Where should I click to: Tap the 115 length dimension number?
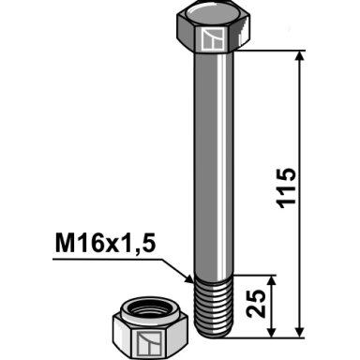coord(286,188)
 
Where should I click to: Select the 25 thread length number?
coord(256,304)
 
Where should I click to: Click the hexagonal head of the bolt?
coord(214,30)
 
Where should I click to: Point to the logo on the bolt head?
coord(214,38)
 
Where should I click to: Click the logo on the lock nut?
coord(149,344)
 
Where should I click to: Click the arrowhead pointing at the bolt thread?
coord(188,277)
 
